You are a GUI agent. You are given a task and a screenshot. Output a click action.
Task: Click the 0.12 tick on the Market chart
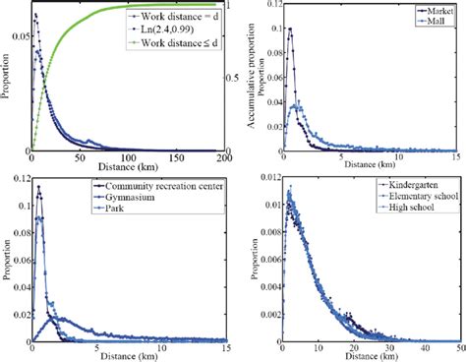click(266, 6)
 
